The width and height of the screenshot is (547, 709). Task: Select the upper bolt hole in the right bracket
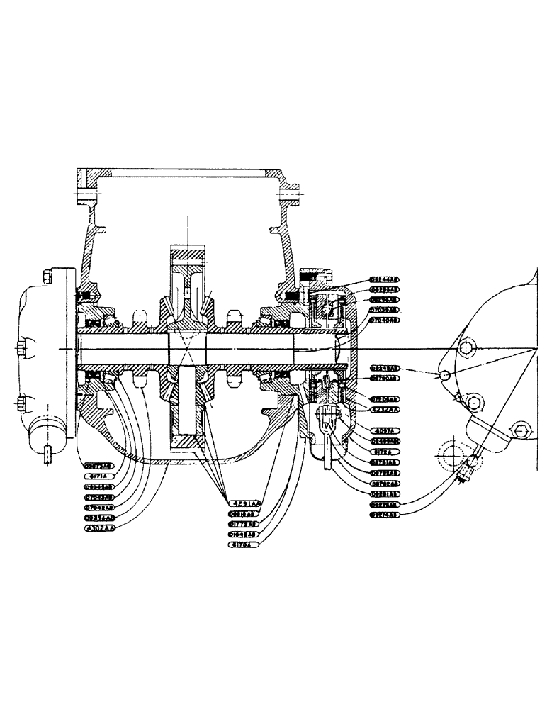coord(466,347)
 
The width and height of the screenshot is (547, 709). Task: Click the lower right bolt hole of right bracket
coord(521,430)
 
